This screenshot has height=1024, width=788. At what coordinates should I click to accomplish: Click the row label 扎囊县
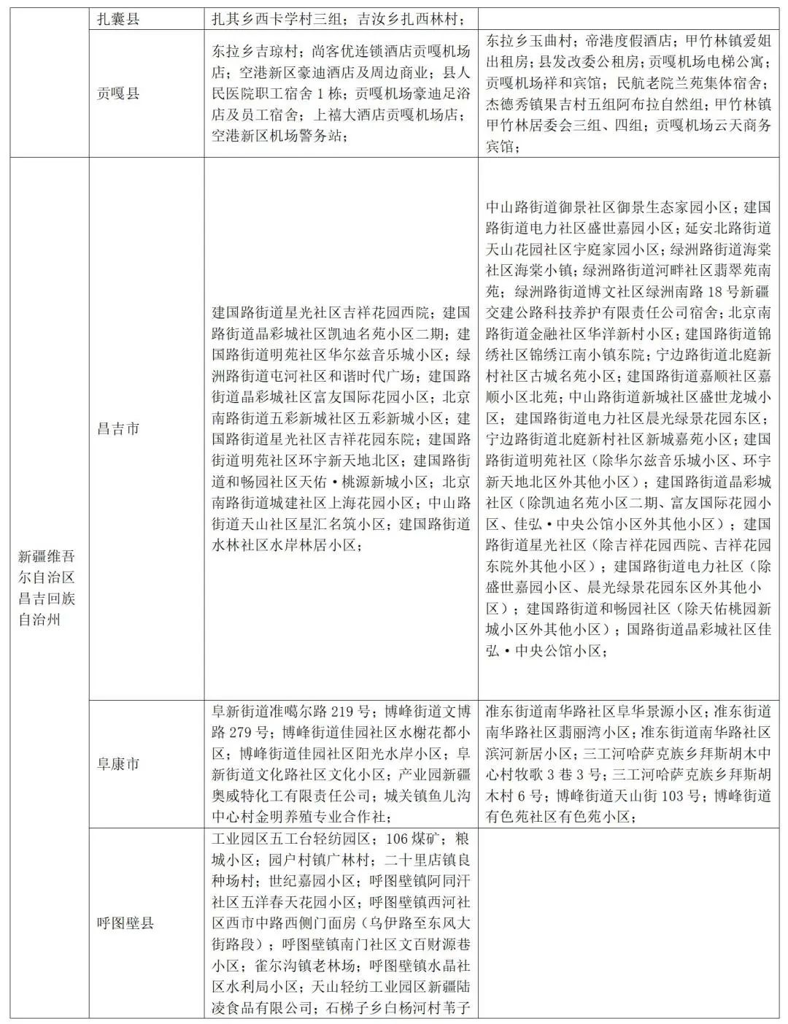[118, 19]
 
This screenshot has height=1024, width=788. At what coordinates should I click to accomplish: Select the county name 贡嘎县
[118, 93]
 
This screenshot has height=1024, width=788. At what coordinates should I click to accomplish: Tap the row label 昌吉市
[118, 428]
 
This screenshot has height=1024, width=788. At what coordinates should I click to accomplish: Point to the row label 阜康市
[118, 763]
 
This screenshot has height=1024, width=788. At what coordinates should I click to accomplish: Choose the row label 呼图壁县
[125, 923]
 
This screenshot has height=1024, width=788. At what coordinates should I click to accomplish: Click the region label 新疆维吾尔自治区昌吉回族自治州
[47, 588]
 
